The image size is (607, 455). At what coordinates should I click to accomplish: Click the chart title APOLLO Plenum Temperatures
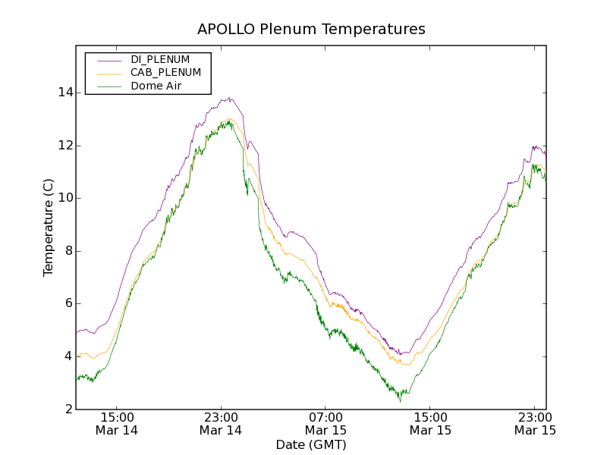point(311,30)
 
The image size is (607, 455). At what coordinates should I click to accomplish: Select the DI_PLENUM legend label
point(160,59)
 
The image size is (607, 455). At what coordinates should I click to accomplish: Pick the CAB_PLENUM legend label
point(165,73)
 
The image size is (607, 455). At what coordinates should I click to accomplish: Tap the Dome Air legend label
point(156,86)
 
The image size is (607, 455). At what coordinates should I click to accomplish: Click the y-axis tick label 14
point(65,93)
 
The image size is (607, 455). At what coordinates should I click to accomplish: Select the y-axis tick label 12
point(65,146)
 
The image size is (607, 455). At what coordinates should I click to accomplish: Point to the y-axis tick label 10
point(65,198)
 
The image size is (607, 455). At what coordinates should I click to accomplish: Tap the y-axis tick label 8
point(68,251)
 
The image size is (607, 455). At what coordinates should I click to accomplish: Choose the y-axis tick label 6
point(68,303)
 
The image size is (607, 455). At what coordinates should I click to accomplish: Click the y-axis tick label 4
point(68,356)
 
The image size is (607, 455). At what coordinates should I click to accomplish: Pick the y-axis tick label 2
point(68,409)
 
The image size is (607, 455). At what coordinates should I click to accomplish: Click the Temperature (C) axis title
point(49,227)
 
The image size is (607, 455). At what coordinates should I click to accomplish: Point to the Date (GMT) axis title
point(311,444)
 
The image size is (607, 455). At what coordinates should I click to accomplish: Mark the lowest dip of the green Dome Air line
point(400,400)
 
